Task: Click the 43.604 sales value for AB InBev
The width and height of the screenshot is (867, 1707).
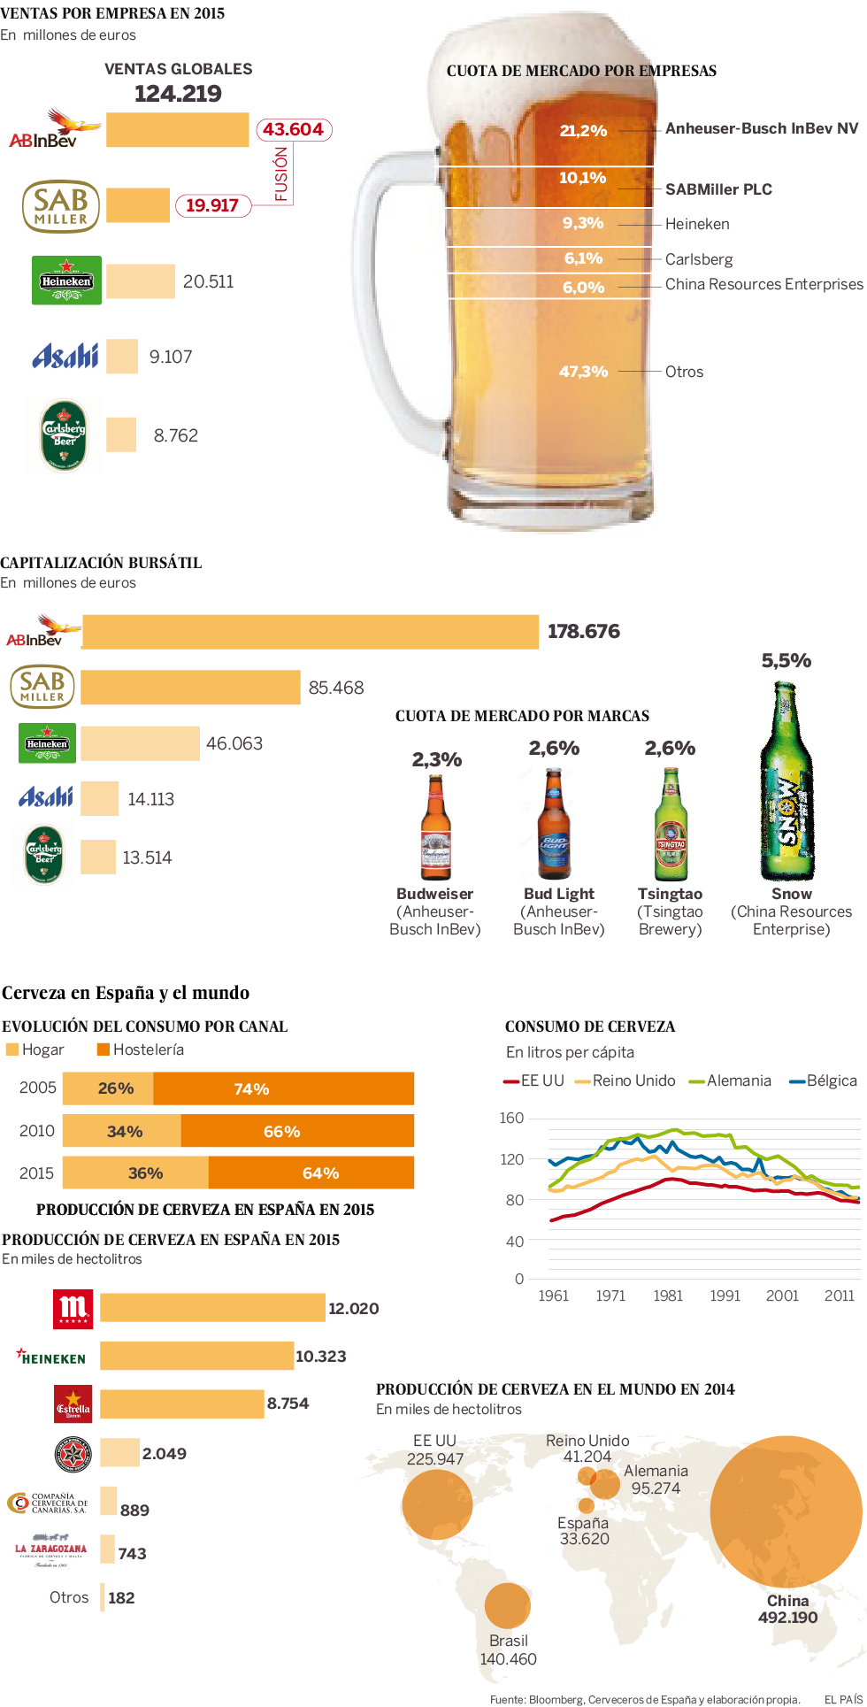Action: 293,129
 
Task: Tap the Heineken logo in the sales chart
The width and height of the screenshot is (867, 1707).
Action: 66,281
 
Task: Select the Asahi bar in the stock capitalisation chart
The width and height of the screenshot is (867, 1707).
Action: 99,798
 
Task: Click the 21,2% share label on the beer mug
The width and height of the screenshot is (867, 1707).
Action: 583,131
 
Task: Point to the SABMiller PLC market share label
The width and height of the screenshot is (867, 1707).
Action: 718,189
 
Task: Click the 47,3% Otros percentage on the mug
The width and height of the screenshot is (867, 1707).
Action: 583,372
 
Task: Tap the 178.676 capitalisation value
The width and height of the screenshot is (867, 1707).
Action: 583,631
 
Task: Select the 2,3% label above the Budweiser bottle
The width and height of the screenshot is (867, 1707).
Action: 436,759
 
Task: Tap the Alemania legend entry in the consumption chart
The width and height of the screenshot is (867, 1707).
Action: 731,1080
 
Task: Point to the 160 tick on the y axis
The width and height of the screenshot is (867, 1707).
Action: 511,1118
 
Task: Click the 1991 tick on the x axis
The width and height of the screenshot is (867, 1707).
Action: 725,1296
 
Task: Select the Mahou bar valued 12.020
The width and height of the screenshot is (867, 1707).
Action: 212,1307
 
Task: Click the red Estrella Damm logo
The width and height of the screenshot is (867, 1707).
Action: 73,1403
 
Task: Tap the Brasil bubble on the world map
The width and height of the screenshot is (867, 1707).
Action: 507,1605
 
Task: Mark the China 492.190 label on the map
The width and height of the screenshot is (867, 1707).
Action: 787,1609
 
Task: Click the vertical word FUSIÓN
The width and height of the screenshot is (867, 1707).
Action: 281,174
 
